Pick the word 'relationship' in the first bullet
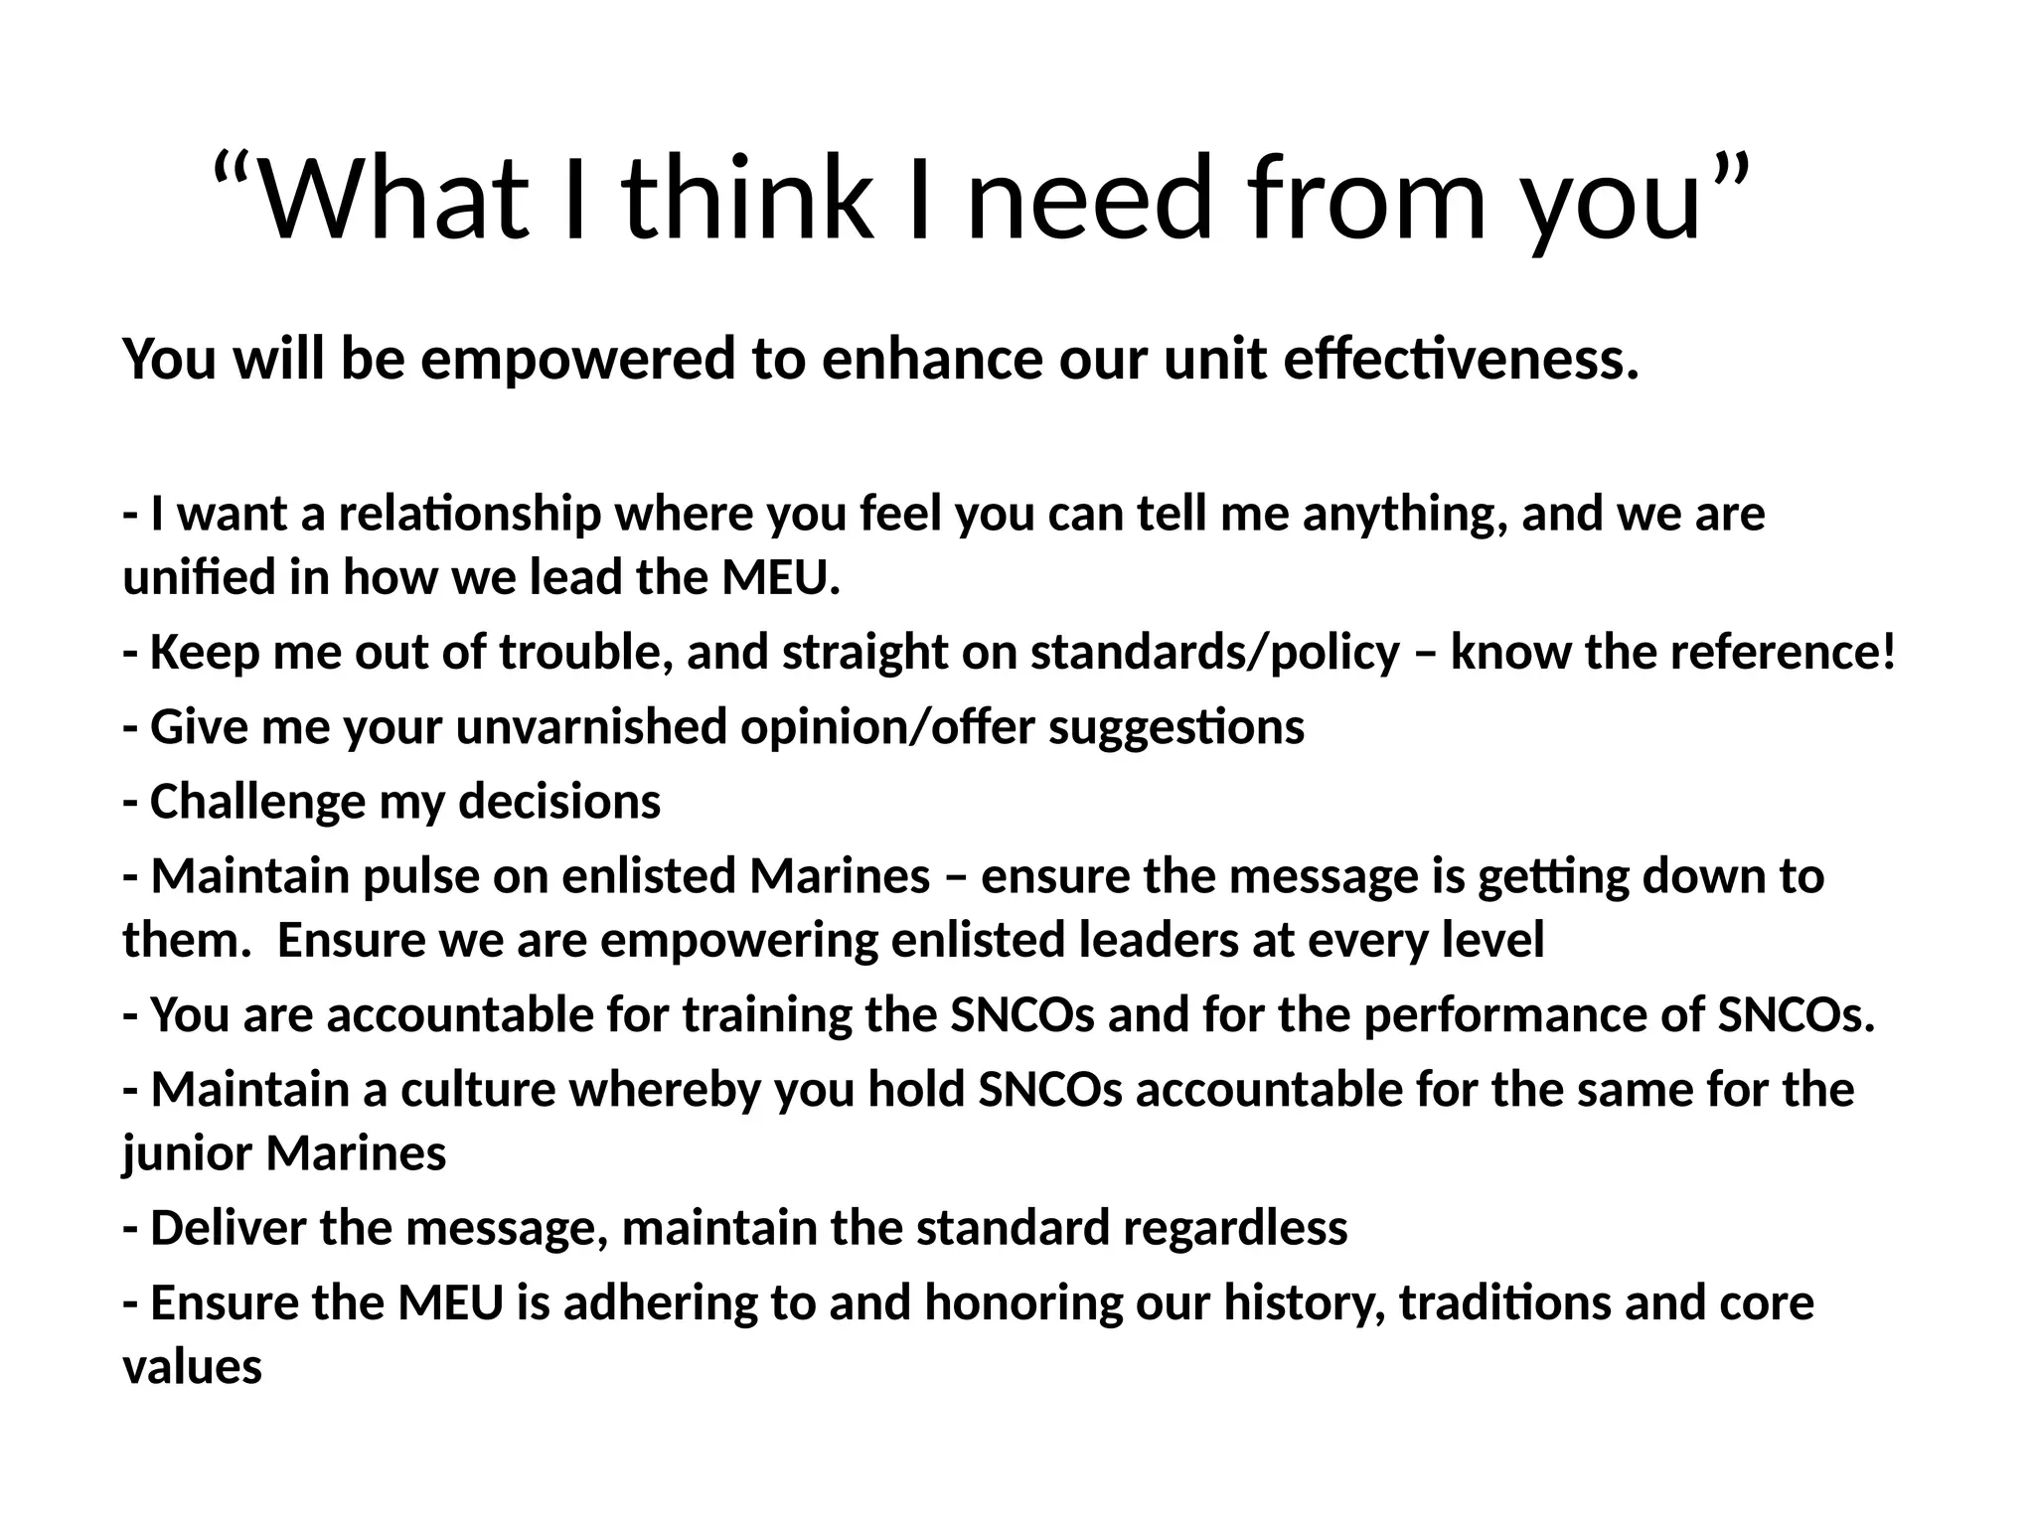470,515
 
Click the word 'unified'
199,577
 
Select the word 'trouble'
583,653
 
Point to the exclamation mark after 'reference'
1887,653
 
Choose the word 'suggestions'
1176,727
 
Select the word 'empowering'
738,940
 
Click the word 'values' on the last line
192,1367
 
